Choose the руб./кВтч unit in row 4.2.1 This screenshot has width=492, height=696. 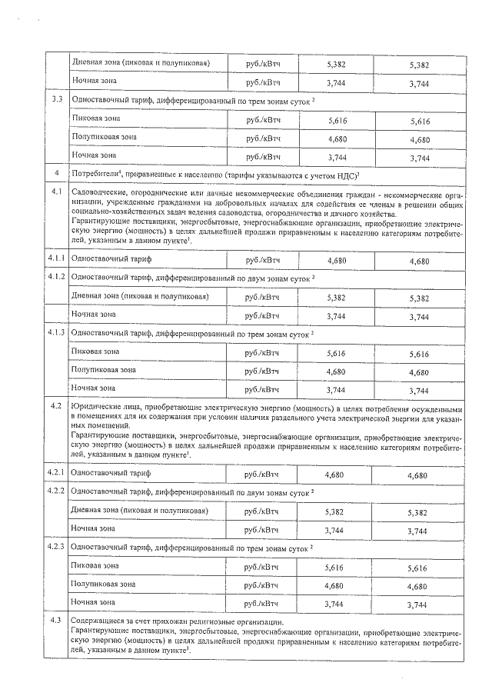point(261,474)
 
